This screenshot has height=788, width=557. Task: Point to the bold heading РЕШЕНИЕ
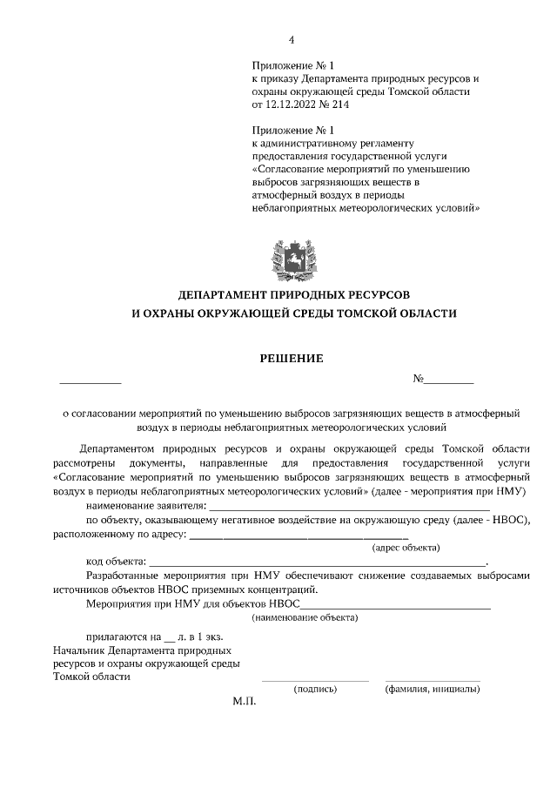click(292, 357)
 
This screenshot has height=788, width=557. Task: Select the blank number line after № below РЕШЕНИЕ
click(449, 381)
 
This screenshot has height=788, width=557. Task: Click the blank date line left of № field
click(91, 381)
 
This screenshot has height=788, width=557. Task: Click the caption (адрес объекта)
click(406, 548)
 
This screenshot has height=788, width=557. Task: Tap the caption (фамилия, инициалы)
click(433, 689)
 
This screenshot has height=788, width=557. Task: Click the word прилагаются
click(117, 636)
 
